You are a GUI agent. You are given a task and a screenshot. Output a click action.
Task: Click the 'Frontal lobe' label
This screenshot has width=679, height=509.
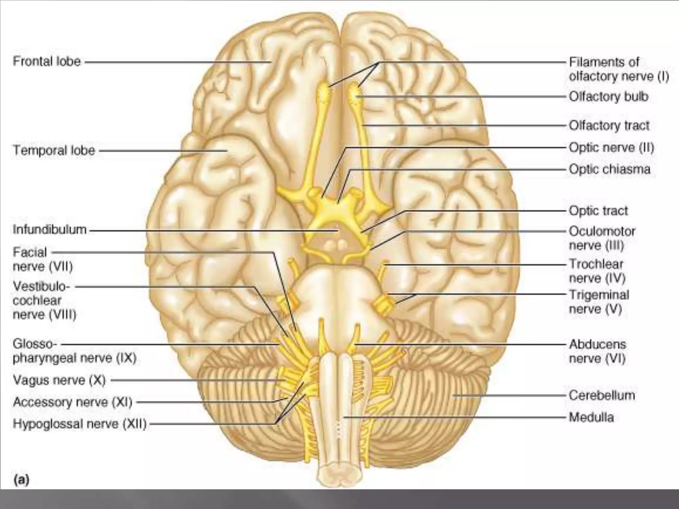47,62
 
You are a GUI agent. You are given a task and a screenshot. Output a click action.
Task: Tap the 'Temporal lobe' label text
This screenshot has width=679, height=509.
54,150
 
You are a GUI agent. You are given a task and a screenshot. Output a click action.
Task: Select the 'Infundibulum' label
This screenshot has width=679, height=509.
50,230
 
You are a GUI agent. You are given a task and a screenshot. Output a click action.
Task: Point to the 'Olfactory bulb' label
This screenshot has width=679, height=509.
608,97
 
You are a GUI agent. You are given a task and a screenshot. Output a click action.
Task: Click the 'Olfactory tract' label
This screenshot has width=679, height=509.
609,126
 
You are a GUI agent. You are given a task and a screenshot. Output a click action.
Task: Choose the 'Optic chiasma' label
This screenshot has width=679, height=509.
609,169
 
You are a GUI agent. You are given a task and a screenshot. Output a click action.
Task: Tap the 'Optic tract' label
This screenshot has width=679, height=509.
598,211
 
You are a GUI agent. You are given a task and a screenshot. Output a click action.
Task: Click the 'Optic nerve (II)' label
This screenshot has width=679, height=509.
611,147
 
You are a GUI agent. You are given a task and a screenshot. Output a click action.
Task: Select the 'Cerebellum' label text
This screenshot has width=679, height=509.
602,395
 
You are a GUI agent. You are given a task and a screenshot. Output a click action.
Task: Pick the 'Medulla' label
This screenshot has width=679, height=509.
591,417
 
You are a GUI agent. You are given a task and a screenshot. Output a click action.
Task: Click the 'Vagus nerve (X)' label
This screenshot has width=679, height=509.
59,380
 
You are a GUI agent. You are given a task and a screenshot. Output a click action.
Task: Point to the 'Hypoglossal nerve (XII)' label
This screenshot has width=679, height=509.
80,424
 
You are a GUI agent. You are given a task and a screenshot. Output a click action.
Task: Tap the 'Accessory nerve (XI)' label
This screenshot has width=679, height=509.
73,402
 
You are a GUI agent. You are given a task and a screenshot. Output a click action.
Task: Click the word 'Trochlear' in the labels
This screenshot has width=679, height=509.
596,264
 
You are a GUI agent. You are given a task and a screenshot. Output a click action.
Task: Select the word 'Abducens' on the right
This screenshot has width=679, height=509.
597,344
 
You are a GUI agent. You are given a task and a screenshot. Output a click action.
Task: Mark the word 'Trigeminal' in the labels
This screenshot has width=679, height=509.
599,295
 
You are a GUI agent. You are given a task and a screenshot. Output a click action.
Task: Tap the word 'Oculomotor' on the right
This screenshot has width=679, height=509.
602,231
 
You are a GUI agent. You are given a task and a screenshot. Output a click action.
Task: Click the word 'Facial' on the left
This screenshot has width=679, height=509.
30,253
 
